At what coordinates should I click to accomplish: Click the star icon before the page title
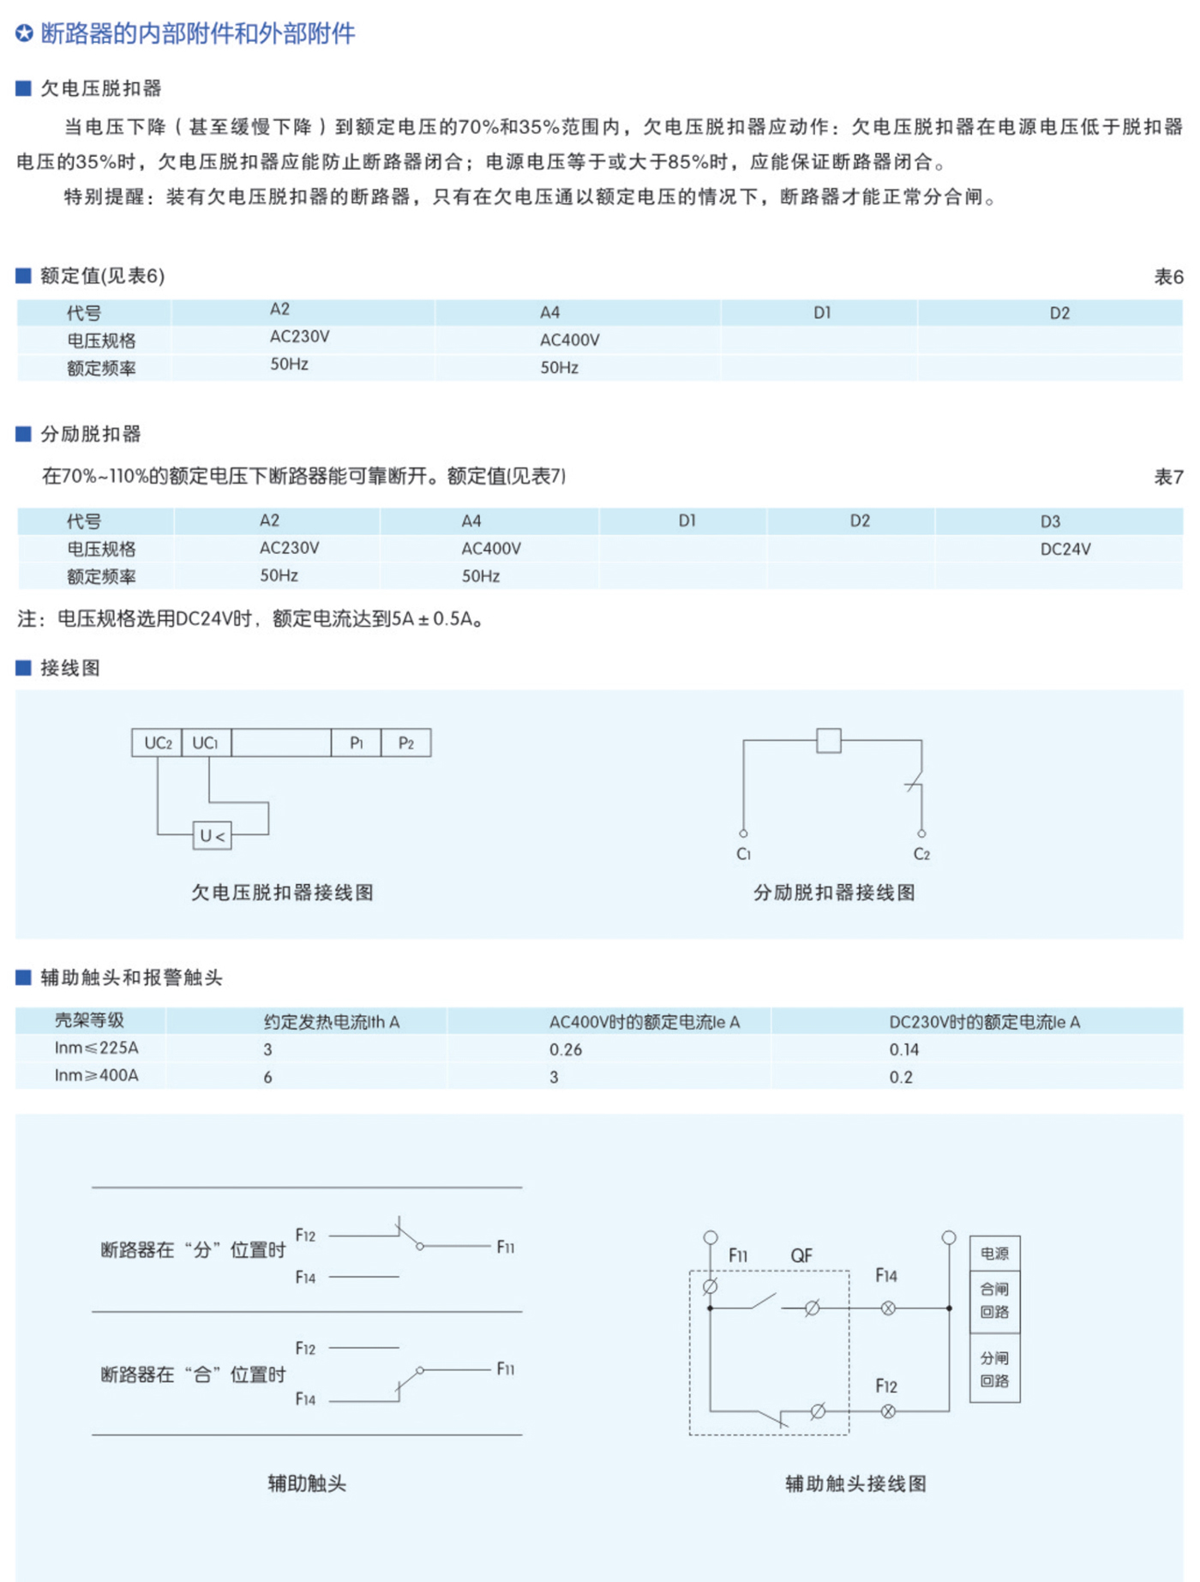click(24, 34)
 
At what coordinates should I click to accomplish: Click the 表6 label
click(1167, 277)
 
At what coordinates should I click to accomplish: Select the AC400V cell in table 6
click(569, 340)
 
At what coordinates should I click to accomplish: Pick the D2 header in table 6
click(1059, 313)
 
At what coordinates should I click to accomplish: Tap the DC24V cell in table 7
click(1065, 550)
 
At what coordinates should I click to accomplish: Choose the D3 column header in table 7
click(1050, 521)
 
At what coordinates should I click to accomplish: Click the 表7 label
click(1167, 477)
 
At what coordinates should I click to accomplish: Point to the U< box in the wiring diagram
click(212, 835)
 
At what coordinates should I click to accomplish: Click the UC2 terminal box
click(157, 743)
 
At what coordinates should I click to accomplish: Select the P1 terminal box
click(356, 743)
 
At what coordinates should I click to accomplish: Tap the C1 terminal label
click(743, 854)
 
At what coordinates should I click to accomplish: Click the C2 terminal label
click(921, 854)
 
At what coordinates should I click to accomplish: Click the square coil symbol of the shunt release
click(828, 740)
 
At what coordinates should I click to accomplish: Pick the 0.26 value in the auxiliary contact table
click(566, 1050)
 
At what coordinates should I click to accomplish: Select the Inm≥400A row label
click(96, 1075)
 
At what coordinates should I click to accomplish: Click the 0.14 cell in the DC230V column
click(903, 1050)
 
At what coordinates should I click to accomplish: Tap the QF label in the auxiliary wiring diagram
click(801, 1256)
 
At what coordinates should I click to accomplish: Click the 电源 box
click(994, 1254)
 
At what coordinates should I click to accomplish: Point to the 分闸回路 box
click(994, 1368)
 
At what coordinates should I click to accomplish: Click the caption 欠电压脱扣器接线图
click(282, 893)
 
